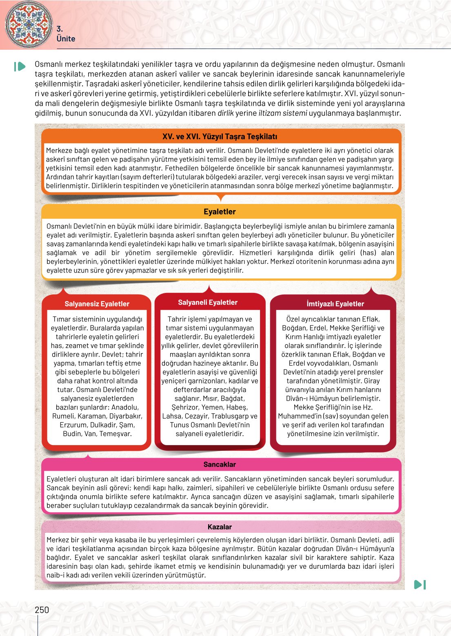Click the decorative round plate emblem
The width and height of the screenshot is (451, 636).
(x=29, y=24)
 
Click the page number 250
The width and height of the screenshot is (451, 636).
(x=42, y=610)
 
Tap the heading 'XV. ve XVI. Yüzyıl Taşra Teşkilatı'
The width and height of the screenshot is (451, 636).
(x=220, y=137)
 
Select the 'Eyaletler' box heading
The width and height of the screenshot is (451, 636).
(x=220, y=212)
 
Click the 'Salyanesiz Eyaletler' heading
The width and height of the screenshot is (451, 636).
(x=97, y=304)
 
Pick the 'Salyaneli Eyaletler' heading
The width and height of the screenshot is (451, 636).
(x=208, y=302)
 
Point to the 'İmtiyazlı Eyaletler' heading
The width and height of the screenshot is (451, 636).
(x=335, y=304)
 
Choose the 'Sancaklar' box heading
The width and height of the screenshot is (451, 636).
(x=220, y=464)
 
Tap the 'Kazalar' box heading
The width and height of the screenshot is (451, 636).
(x=220, y=527)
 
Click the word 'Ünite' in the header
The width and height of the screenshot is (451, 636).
(x=66, y=39)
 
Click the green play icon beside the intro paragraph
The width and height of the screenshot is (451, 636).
(x=19, y=66)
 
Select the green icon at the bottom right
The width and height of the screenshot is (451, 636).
(x=420, y=585)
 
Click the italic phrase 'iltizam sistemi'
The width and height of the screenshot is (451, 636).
(x=283, y=113)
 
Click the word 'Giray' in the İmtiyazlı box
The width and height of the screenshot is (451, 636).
(x=371, y=381)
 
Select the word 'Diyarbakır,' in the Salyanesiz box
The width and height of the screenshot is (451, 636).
(x=126, y=416)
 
